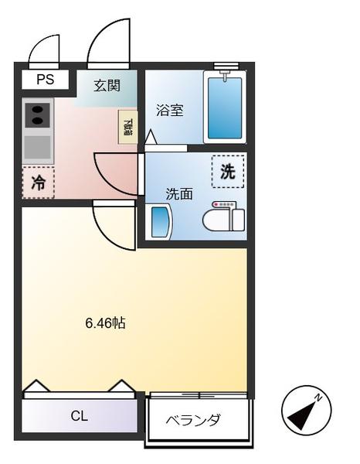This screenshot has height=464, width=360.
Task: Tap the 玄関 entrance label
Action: pos(108,86)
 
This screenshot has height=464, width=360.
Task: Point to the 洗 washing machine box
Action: pos(228,172)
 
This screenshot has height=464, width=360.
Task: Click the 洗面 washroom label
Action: pos(178,193)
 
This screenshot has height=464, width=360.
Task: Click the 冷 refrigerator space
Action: pos(38,183)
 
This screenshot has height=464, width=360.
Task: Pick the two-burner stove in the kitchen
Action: pos(37,116)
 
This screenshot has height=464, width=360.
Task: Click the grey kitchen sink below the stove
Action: pos(37,146)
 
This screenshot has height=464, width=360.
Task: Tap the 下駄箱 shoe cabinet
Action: pos(127,126)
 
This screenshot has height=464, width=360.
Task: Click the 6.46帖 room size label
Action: pos(105,323)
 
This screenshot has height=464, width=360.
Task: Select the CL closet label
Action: pos(79,416)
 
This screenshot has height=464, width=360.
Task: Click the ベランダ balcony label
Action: pos(194,420)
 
